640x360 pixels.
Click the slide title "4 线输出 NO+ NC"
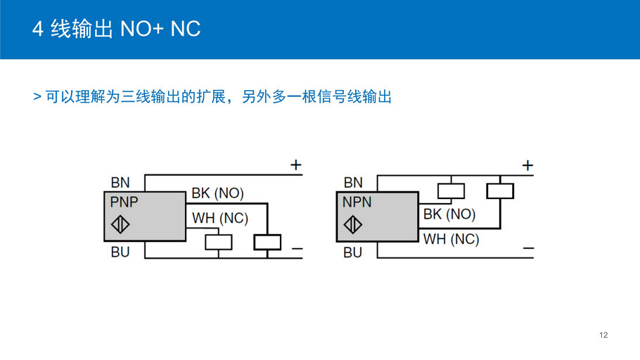(x=116, y=30)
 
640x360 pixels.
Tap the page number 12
(x=603, y=335)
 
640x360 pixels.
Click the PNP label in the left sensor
(x=124, y=202)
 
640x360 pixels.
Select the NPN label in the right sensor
(x=357, y=202)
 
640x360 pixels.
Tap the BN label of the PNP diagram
(x=120, y=183)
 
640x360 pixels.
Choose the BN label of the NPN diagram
(x=353, y=183)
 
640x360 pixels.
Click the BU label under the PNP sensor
(x=120, y=252)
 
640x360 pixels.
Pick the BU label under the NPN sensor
(x=352, y=252)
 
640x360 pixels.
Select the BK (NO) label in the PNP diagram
(x=217, y=193)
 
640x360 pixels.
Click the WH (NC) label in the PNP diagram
(x=220, y=218)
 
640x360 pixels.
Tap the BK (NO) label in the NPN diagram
(x=449, y=214)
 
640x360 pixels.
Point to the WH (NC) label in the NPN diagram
(x=451, y=239)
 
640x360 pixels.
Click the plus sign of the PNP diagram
(x=296, y=165)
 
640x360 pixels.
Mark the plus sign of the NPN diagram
(x=527, y=165)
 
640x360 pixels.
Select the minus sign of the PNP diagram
(x=297, y=250)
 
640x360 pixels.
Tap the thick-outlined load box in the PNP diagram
(x=267, y=242)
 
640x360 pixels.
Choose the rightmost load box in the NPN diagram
(x=500, y=191)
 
